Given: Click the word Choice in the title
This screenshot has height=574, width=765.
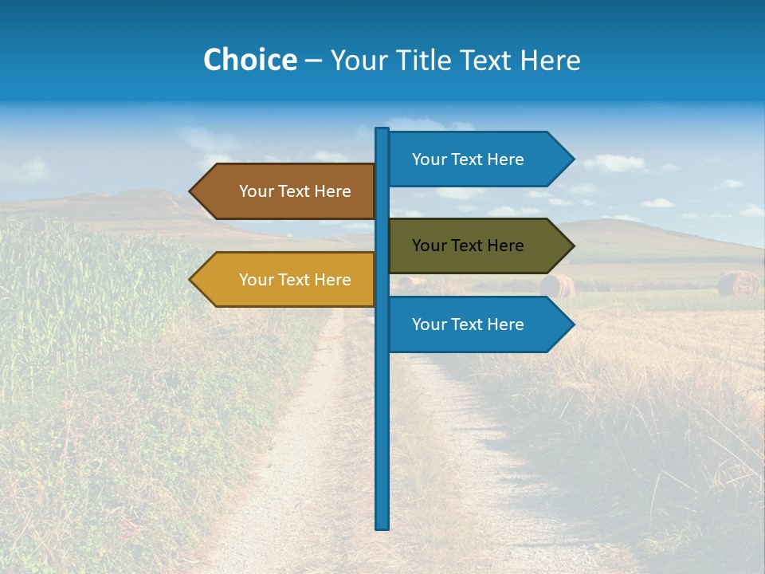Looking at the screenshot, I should [x=249, y=61].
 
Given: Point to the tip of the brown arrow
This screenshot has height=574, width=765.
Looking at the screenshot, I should [x=191, y=191].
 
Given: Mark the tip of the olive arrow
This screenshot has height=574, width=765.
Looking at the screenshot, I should [x=573, y=246].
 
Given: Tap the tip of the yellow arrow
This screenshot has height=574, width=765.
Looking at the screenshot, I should [x=191, y=280].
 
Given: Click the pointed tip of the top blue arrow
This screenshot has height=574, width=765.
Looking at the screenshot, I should [x=573, y=159].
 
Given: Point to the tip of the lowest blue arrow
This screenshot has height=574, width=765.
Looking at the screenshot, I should [x=573, y=324].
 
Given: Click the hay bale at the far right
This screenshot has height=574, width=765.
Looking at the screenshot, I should [x=738, y=284].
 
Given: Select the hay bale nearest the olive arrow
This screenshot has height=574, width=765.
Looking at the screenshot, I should [x=555, y=285].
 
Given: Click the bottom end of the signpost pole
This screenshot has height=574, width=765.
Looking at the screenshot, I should [x=382, y=526].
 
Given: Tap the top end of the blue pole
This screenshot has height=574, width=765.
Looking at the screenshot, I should [x=382, y=130].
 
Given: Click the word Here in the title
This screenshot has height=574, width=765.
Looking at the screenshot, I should [x=550, y=61].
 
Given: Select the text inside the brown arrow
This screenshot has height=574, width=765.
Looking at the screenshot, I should [x=295, y=191].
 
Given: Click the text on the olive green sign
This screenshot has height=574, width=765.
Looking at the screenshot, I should [x=468, y=246].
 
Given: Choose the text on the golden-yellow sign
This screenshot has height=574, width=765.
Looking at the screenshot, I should [x=295, y=280].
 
